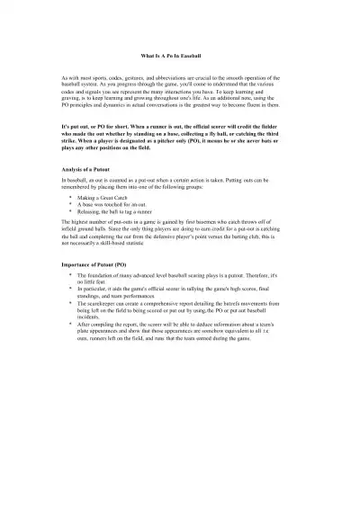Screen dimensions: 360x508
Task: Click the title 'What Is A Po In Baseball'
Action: point(180,57)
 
